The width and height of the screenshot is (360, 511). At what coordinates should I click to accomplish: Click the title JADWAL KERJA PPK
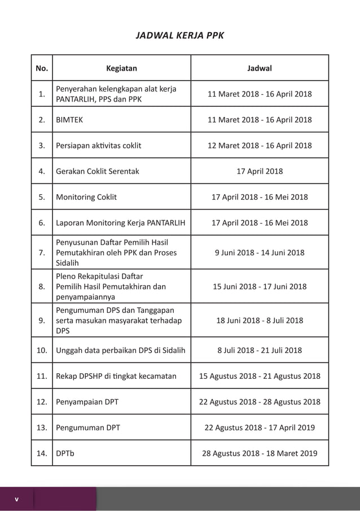[x=180, y=36]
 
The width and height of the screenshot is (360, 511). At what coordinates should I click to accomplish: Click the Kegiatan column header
[x=121, y=68]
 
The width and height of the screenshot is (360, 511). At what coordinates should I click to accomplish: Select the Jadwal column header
[x=260, y=68]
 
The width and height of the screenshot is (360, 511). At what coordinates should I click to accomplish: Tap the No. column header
[x=42, y=68]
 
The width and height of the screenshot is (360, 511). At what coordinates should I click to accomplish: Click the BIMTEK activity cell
[x=69, y=120]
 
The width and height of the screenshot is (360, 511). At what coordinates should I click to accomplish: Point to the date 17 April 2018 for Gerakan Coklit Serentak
[x=260, y=171]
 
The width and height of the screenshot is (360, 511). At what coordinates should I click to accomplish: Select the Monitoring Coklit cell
[x=86, y=197]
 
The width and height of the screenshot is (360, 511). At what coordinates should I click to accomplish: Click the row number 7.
[x=42, y=253]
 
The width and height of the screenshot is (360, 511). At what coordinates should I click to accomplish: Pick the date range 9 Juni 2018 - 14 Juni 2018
[x=260, y=252]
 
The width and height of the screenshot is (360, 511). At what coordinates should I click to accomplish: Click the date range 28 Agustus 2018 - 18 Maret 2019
[x=260, y=453]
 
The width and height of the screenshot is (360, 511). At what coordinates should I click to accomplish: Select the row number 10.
[x=42, y=350]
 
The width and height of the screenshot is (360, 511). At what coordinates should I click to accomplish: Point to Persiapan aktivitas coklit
[x=99, y=146]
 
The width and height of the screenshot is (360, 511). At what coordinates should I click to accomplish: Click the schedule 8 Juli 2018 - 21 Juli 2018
[x=260, y=350]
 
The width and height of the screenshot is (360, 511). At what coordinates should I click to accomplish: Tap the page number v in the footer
[x=16, y=499]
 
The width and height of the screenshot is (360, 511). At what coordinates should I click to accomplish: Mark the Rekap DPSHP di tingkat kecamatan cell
[x=116, y=376]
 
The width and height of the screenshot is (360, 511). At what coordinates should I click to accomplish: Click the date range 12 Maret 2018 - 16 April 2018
[x=260, y=146]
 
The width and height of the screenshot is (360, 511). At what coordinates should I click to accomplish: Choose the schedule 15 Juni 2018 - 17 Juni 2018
[x=260, y=286]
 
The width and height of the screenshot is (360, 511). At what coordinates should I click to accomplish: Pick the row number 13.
[x=42, y=427]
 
